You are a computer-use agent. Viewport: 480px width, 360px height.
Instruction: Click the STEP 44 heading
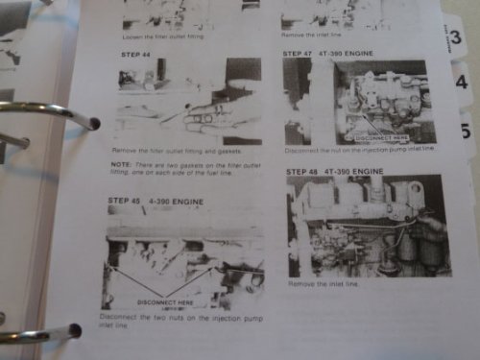(133, 56)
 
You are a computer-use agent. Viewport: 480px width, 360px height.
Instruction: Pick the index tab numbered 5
(467, 129)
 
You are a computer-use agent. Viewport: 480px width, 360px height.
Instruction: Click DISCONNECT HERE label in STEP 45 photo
(165, 302)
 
